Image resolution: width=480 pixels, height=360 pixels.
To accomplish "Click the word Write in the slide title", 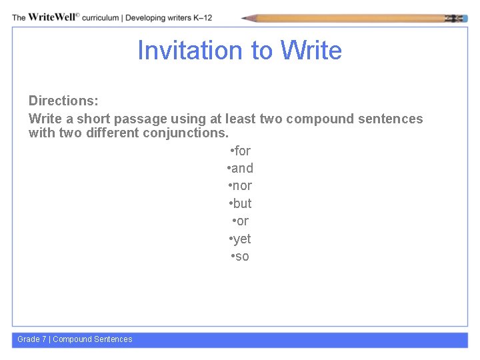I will point(311,51).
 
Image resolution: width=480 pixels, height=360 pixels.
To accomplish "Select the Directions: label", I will point(63,101).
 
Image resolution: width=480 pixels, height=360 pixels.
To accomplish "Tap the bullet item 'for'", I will point(240,151).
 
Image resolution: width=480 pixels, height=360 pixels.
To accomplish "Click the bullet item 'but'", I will point(240,203).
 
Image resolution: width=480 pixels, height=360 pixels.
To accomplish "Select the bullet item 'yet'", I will point(240,239).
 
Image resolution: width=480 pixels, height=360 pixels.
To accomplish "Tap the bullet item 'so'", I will point(240,256).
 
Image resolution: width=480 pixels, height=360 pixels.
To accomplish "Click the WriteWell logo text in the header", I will point(53,17).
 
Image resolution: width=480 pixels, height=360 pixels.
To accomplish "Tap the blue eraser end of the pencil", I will point(461,18).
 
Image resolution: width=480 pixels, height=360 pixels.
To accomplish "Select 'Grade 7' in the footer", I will point(32,339).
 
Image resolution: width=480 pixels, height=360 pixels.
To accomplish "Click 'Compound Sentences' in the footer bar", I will point(93,339).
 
